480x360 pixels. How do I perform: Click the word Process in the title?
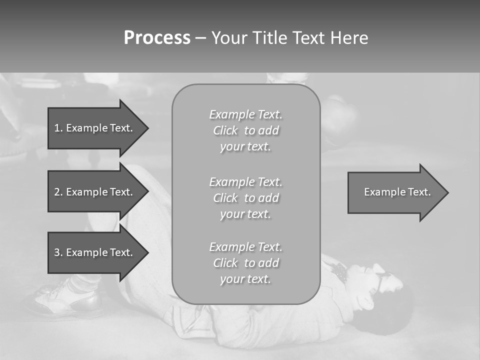(x=157, y=38)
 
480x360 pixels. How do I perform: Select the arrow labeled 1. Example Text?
(x=95, y=128)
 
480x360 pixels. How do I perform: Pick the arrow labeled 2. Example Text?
(x=95, y=192)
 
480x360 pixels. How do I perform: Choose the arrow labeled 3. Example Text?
(x=95, y=252)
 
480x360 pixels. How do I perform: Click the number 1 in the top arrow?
(x=57, y=128)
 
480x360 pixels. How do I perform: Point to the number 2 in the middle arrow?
(x=57, y=192)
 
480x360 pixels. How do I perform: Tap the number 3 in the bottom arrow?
(x=57, y=252)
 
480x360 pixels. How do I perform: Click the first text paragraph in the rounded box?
(x=245, y=130)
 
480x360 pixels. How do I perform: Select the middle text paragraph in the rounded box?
(x=245, y=198)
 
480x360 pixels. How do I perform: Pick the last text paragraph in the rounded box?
(x=245, y=263)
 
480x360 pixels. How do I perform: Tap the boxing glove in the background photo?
(x=340, y=120)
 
